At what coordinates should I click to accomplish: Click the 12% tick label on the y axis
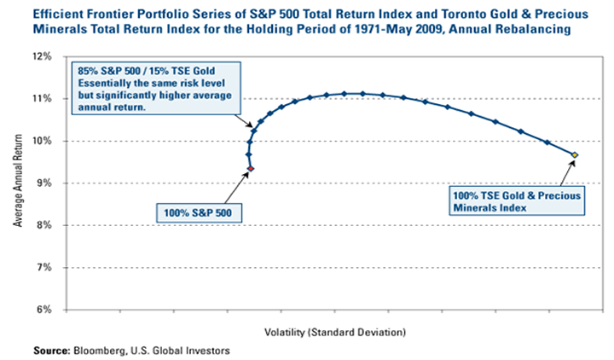43,56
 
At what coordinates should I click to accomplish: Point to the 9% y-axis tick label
45,183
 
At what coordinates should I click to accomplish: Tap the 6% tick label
45,309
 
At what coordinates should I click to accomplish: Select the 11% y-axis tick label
43,99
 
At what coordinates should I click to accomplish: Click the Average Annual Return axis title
18,183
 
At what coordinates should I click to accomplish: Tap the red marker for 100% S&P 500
251,169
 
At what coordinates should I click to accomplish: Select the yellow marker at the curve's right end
575,155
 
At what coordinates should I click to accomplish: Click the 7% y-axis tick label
45,267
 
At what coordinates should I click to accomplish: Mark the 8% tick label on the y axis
45,225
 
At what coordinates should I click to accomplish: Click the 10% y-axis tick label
43,141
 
